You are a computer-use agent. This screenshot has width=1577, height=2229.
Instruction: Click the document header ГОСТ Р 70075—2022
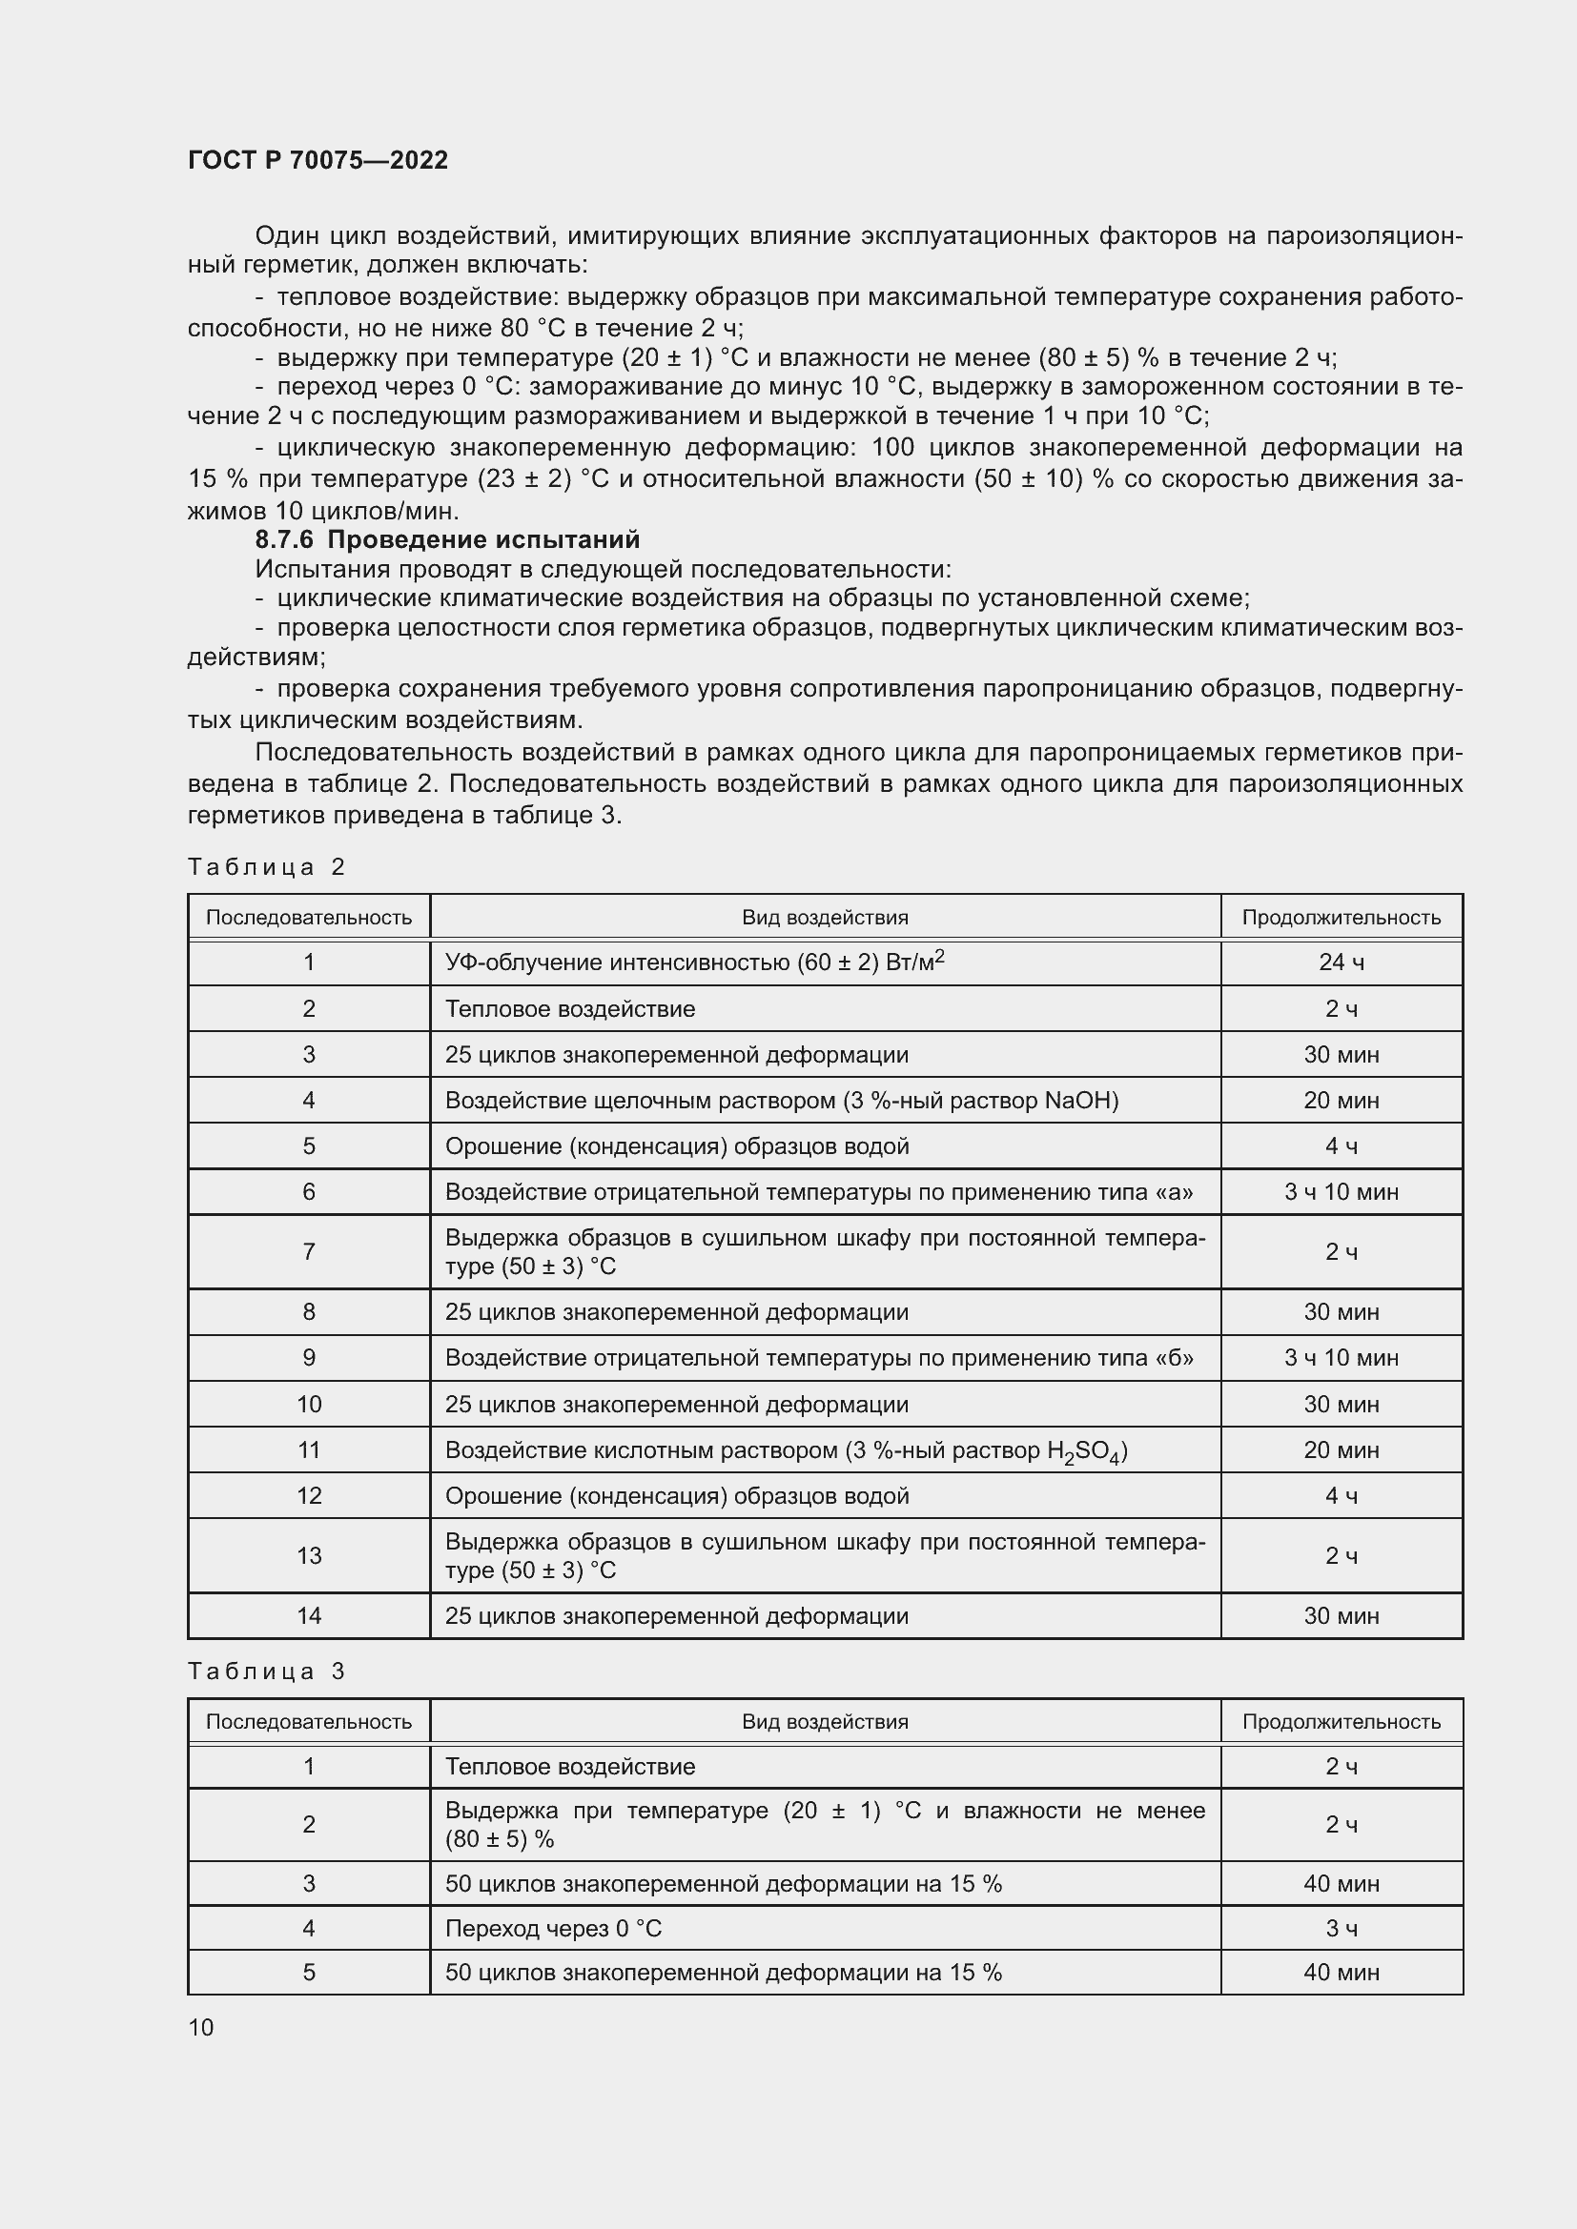[x=317, y=160]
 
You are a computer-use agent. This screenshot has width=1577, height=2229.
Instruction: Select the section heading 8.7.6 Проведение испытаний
[x=446, y=539]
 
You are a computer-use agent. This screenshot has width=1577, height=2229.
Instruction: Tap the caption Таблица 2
[x=266, y=867]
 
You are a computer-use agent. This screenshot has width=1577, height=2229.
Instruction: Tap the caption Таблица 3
[x=266, y=1672]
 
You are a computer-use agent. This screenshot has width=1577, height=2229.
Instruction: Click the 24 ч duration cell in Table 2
[x=1341, y=963]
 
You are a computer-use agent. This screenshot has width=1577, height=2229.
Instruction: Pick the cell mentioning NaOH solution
[x=782, y=1101]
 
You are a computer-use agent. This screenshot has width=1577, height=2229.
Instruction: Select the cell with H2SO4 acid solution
[x=786, y=1450]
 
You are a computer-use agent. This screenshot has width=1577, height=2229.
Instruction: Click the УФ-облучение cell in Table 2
[x=694, y=963]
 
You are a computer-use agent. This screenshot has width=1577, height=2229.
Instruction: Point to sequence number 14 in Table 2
[x=309, y=1616]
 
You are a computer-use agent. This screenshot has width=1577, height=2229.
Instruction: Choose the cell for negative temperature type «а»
[x=819, y=1192]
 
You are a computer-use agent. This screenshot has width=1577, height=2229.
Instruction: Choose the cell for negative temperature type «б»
[x=819, y=1358]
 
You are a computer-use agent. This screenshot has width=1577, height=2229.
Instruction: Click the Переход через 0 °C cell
[x=554, y=1929]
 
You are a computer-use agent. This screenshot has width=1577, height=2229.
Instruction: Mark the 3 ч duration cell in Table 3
[x=1341, y=1929]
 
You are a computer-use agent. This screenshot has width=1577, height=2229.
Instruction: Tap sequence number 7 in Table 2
[x=309, y=1252]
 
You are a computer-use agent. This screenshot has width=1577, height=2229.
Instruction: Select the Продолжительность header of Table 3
[x=1341, y=1722]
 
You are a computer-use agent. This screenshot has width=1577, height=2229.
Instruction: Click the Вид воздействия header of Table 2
[x=825, y=918]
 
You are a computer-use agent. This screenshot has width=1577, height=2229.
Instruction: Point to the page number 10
[x=201, y=2028]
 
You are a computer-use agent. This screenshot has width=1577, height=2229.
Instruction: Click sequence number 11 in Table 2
[x=309, y=1450]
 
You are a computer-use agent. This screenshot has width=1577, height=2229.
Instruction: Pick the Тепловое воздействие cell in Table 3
[x=570, y=1767]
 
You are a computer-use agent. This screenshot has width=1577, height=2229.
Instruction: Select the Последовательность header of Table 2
[x=309, y=918]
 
